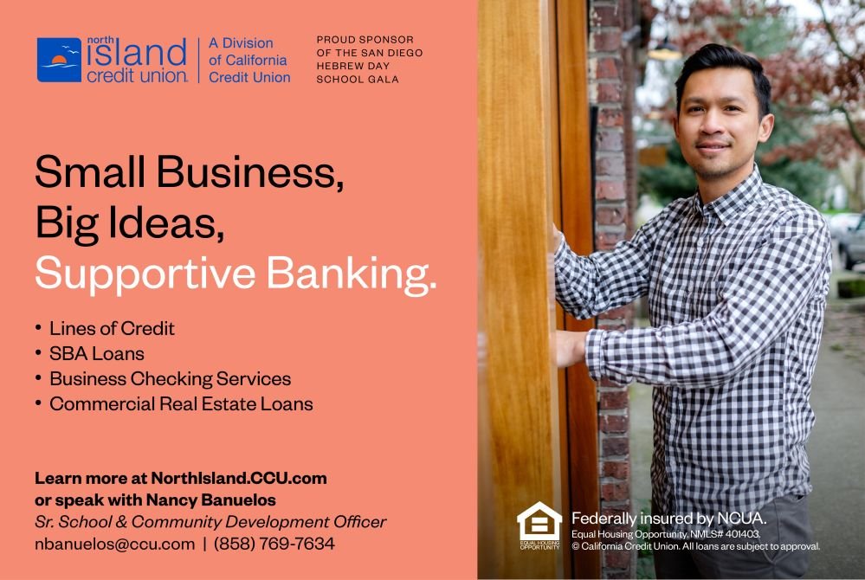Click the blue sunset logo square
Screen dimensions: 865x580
(59, 60)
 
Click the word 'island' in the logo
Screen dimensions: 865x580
(137, 54)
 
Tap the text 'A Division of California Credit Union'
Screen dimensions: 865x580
(249, 60)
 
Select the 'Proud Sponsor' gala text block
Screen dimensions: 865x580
(369, 60)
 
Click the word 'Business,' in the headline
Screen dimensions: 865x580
(250, 171)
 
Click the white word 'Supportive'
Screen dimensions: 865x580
(145, 274)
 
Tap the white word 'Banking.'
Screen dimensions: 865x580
(352, 274)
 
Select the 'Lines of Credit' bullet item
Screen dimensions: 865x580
(112, 329)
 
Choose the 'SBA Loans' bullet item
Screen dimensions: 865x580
(97, 354)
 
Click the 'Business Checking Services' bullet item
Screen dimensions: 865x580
(170, 379)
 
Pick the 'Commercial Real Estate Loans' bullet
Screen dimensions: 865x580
(181, 404)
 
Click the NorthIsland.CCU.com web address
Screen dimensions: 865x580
(239, 478)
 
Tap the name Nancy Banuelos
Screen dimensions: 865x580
(210, 500)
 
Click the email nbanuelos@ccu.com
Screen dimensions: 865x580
(115, 545)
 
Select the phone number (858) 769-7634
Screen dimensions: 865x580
(274, 545)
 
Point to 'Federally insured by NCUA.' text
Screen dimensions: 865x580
(668, 519)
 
